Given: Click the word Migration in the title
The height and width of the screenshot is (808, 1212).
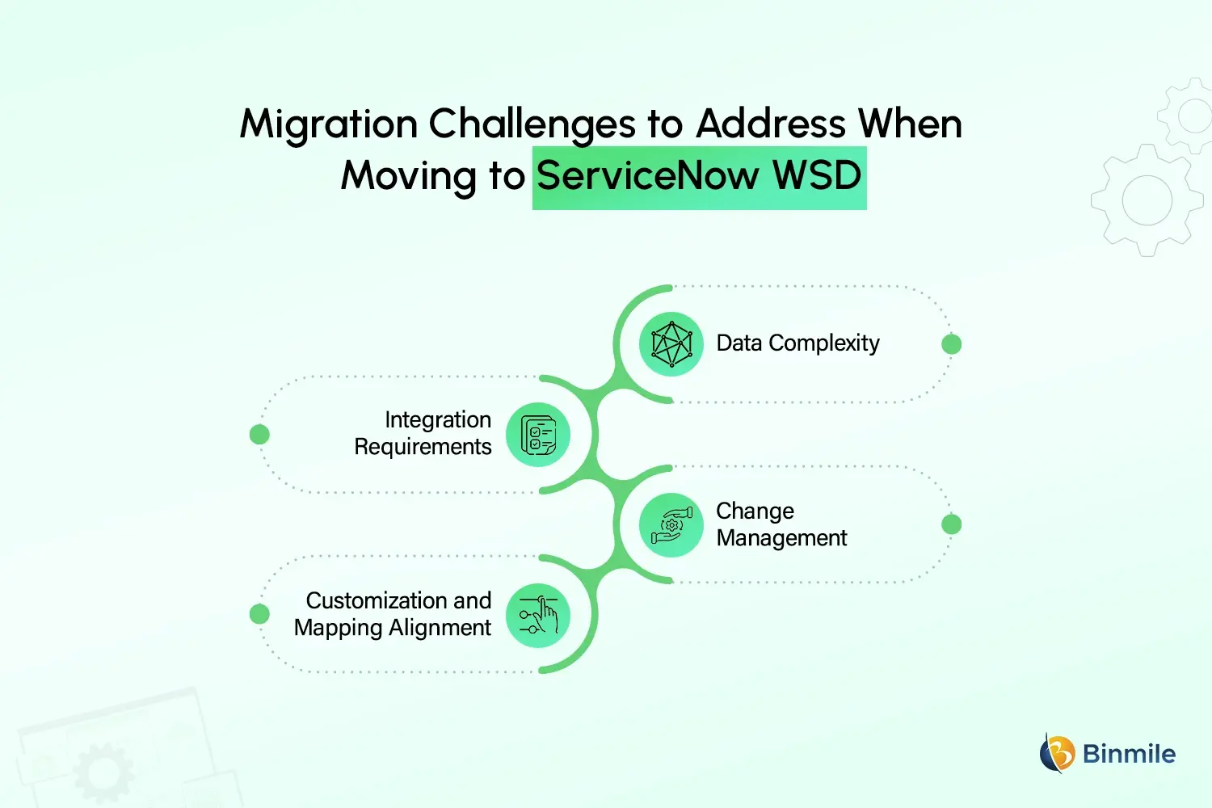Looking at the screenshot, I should pos(329,125).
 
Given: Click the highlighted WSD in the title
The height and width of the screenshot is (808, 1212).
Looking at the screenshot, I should pos(818,176).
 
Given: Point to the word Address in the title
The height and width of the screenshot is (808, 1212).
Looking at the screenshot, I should pos(771,125).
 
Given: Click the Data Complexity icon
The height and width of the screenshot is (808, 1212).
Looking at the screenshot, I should pos(671,344).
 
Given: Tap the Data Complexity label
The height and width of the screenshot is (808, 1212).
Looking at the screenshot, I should pos(797,343).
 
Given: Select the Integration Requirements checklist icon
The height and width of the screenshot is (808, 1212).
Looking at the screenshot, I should pos(538,435).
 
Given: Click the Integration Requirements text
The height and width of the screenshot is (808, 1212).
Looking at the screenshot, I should pos(423,433).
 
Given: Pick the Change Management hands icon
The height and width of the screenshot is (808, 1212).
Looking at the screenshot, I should pos(671,525).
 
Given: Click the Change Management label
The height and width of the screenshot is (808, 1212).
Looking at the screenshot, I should pos(781,524).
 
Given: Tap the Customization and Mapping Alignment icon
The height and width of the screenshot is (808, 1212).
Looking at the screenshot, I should pos(538,616).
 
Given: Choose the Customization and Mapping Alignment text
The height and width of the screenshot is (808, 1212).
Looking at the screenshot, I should pos(393,614).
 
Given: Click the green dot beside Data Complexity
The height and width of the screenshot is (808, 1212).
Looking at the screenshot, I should pos(952,344).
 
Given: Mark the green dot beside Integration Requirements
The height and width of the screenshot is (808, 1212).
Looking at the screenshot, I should pos(259,435).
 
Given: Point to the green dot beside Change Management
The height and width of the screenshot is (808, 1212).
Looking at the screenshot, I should pos(952,524).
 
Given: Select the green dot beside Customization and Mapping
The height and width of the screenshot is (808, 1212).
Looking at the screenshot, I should pos(259,614).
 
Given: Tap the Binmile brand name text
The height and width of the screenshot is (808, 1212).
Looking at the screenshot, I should pos(1129,754).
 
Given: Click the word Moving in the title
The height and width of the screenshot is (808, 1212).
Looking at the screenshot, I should pos(409,176).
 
